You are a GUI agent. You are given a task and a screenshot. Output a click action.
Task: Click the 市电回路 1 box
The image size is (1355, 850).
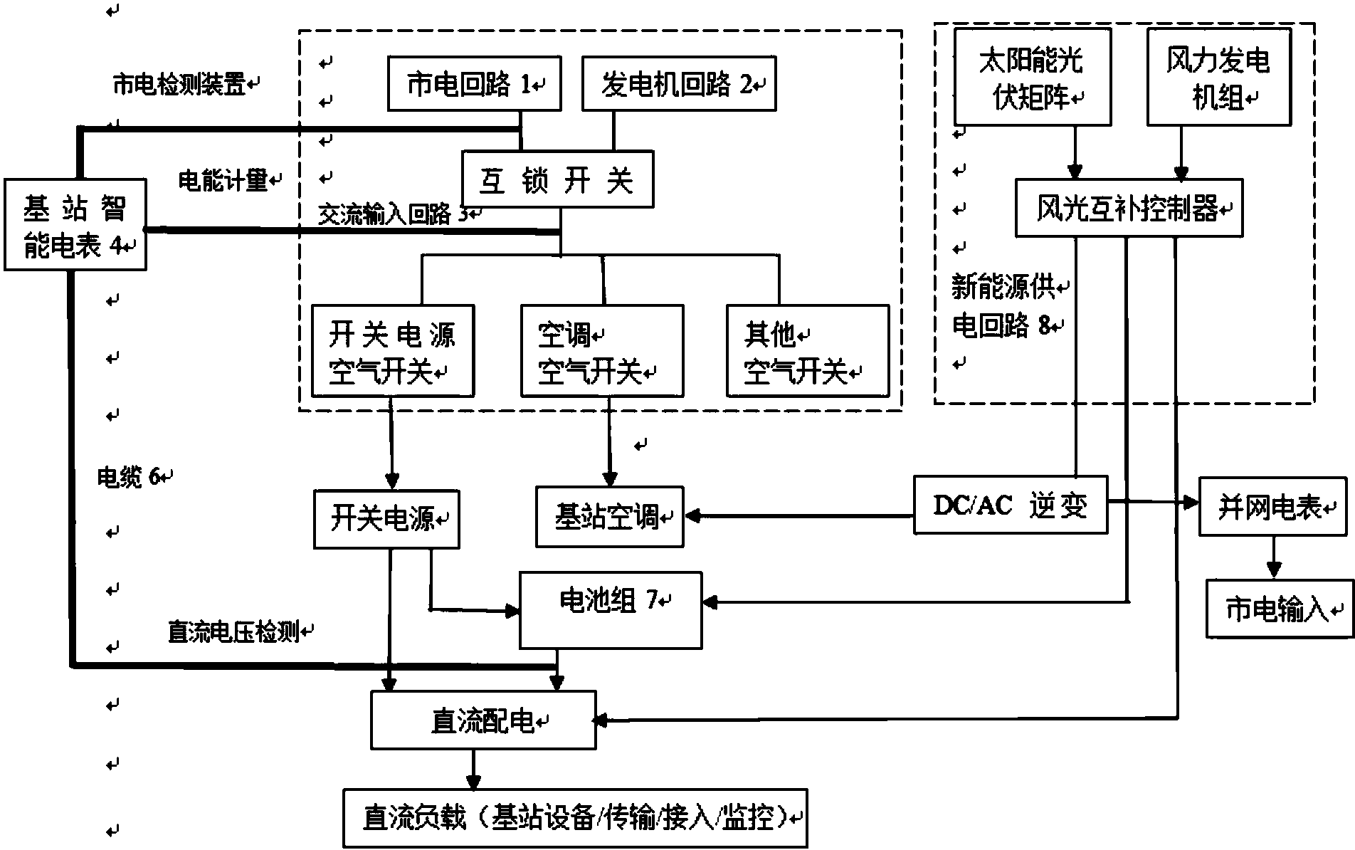point(474,85)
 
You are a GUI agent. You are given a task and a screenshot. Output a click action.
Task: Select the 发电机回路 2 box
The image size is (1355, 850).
point(678,85)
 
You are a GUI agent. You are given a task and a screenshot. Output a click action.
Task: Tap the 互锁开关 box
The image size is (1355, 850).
point(557,179)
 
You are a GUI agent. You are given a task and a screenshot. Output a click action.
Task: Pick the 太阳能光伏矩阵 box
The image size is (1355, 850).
point(1032,78)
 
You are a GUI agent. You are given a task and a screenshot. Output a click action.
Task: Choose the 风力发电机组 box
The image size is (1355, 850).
point(1218,78)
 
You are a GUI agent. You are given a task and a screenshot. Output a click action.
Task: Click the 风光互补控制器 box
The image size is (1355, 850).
point(1129,209)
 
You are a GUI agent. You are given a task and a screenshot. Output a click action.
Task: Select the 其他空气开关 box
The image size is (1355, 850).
point(808,351)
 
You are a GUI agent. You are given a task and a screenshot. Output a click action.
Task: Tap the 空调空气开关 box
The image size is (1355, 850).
point(602,351)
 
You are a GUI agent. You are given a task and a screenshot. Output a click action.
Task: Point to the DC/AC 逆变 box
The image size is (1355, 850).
point(1011,505)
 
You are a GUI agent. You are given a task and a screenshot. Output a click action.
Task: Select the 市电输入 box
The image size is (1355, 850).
point(1278,609)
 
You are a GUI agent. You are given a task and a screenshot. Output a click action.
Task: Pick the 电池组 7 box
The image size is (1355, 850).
point(611,610)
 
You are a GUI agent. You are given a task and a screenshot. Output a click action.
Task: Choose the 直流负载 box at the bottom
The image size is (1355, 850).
point(575,818)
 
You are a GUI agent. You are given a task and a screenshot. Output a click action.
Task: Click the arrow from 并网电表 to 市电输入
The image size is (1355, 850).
point(1273,557)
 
